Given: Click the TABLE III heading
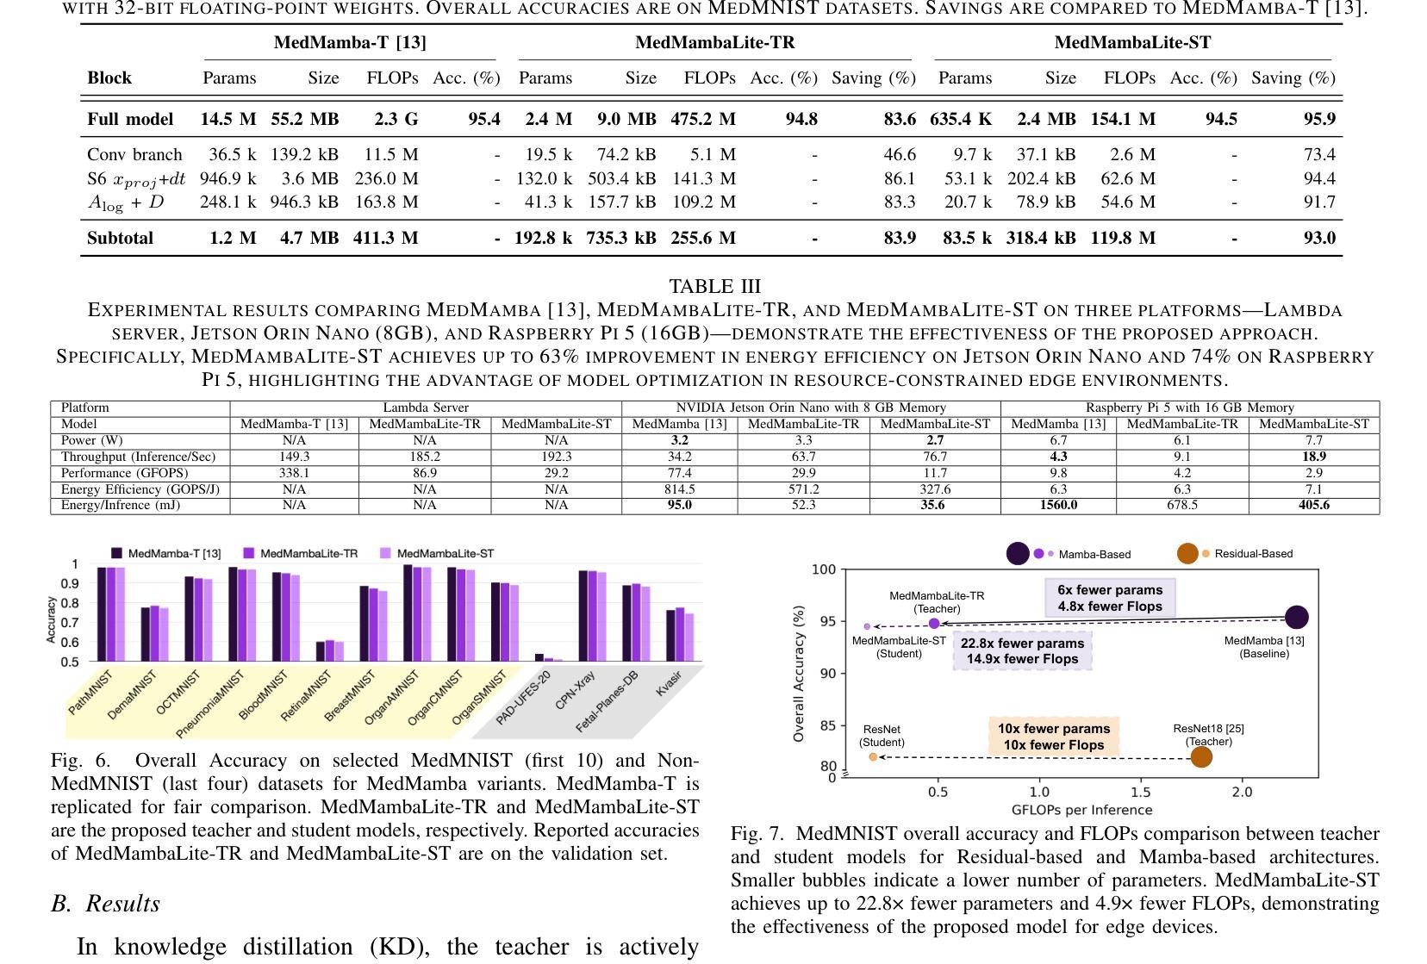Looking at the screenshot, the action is (714, 287).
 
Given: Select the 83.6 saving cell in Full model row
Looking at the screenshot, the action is (900, 119).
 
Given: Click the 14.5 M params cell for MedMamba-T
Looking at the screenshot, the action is (228, 119).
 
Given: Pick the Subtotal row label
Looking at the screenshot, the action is (121, 238).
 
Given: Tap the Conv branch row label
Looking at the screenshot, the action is (134, 155).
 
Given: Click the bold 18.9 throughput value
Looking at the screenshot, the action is (1313, 457).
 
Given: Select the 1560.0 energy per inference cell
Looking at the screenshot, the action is (1058, 505).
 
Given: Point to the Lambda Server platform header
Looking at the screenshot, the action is (426, 407).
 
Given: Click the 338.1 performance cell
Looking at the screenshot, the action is (294, 472).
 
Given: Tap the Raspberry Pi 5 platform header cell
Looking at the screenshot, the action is (1190, 408).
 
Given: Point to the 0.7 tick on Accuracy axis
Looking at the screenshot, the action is (70, 622).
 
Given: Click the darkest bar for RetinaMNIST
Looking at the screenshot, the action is (321, 651).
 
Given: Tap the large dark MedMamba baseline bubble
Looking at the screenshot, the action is (1296, 616).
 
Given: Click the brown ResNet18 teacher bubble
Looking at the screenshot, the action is (1201, 757).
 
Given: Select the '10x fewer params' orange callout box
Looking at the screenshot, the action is (1054, 737).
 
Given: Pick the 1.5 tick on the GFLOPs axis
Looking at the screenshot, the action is (1140, 792).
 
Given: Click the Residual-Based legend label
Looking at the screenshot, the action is (1253, 554).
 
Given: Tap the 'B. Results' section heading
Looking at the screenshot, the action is (106, 904).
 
